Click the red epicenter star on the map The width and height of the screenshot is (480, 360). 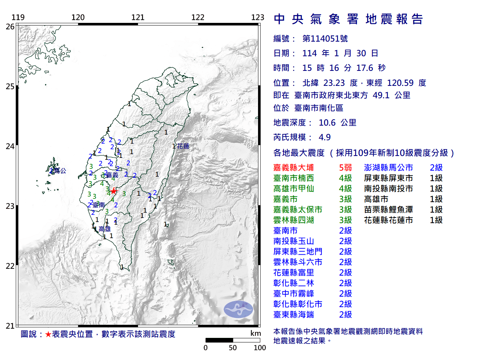pos(114,191)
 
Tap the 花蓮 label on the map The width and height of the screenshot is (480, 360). pos(183,146)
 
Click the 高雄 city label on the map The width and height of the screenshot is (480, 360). pos(105,229)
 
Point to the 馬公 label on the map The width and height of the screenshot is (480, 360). pos(60,171)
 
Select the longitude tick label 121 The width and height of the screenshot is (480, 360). pos(138,17)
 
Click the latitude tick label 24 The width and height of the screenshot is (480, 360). pos(10,146)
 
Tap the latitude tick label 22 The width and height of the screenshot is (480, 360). pos(10,266)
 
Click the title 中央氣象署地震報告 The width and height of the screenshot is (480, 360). pos(348,19)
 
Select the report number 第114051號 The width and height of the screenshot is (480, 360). pos(325,39)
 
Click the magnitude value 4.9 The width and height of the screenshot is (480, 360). pos(325,137)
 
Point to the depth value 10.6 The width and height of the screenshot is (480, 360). pos(327,123)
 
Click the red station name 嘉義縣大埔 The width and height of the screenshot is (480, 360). pos(294,168)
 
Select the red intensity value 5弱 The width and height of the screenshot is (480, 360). pos(345,168)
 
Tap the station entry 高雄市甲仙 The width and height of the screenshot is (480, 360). pos(294,189)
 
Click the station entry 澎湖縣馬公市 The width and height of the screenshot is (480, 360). pos(388,168)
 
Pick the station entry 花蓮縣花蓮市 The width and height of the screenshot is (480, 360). pos(388,220)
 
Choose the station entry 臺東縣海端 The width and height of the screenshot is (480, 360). pos(294,315)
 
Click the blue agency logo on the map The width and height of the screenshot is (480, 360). pos(238,309)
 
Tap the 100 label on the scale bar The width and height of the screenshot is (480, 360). pos(259,348)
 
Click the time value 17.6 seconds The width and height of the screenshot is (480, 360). pos(365,68)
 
